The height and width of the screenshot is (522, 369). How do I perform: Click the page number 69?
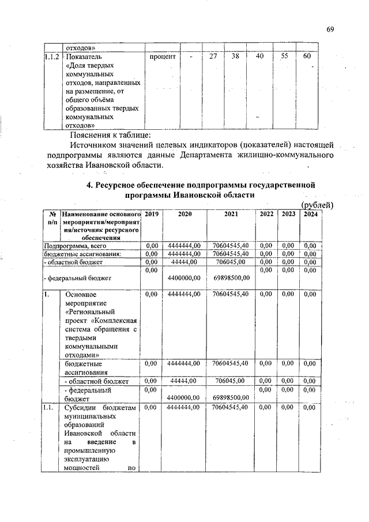click(330, 30)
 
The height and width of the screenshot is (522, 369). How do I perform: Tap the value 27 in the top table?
click(213, 57)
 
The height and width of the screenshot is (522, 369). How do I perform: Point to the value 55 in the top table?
click(284, 57)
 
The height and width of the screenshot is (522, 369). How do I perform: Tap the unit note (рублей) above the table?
click(317, 205)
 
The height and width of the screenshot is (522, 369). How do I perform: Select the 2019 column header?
click(151, 214)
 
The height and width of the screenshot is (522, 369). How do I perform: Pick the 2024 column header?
click(311, 214)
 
